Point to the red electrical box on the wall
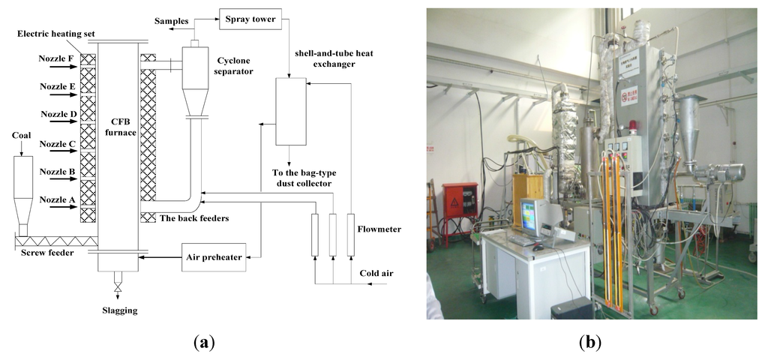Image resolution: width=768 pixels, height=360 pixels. pyautogui.click(x=457, y=203)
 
